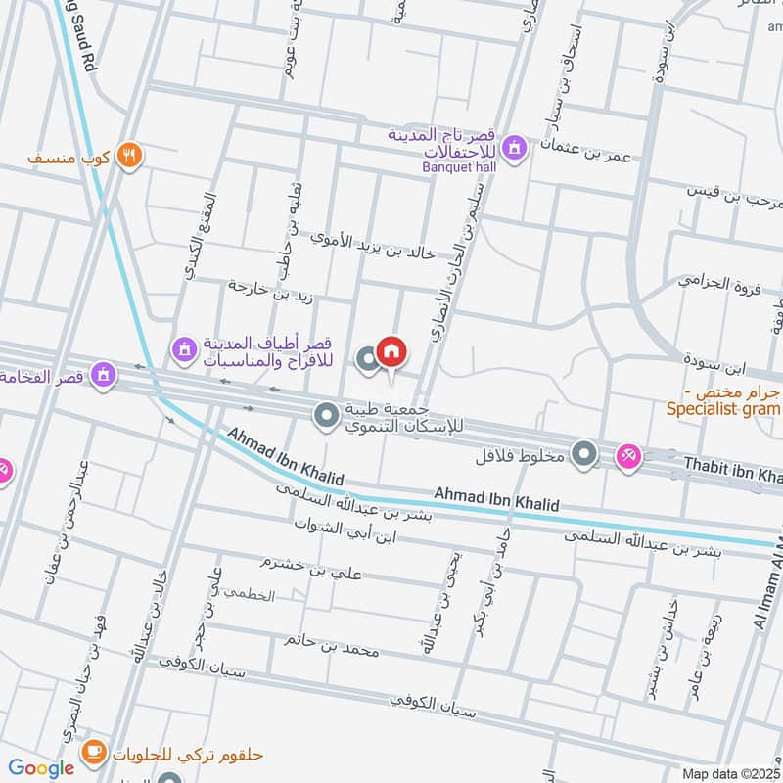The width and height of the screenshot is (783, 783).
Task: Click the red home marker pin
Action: [391, 352]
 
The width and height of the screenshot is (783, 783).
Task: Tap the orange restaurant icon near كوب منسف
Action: [129, 155]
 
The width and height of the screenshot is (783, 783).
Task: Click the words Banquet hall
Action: [460, 167]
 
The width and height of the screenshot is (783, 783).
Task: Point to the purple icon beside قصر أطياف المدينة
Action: [184, 346]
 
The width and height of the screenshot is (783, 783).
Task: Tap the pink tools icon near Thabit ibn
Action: [628, 455]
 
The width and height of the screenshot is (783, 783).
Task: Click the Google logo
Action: [42, 768]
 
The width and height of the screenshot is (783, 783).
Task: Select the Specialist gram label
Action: [723, 410]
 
